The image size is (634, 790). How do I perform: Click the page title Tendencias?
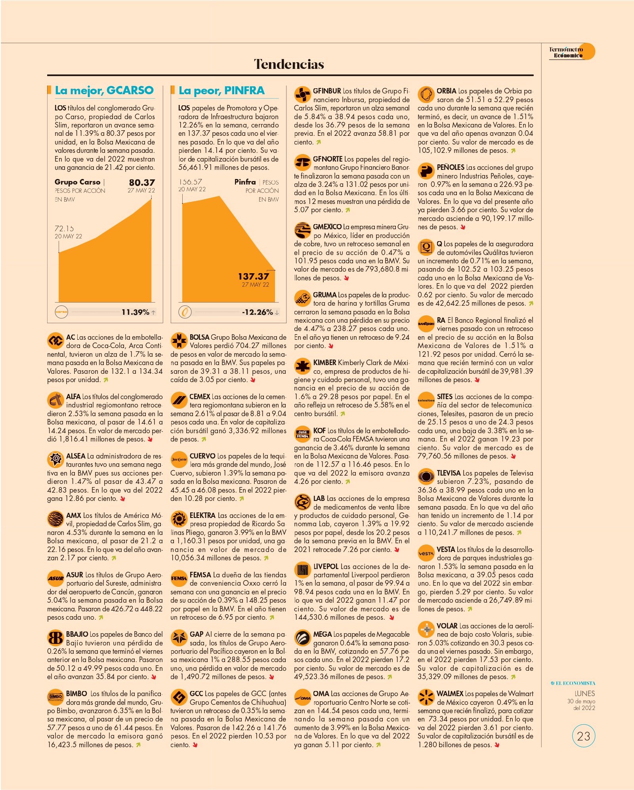pos(289,64)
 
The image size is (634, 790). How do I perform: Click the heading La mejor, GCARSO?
pos(104,91)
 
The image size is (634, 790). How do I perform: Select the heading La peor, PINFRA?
pos(222,91)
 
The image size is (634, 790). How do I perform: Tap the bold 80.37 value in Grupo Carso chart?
pos(142,183)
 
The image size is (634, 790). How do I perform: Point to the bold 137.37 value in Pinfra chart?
pos(254,276)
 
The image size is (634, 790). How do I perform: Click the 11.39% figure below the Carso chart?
pos(136,312)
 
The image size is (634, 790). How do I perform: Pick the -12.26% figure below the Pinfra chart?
pos(258,312)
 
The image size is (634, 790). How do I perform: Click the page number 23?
pos(584,736)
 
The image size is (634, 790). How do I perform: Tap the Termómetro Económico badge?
pos(572,52)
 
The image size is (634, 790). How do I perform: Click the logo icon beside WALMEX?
pos(426,697)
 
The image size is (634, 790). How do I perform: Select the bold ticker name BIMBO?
pos(76,693)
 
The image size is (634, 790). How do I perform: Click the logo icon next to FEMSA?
pos(179,578)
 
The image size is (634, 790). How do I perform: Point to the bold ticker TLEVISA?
pos(449,473)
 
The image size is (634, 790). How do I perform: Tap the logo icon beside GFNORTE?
pos(302,162)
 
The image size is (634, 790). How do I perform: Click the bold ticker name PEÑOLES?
pos(451,167)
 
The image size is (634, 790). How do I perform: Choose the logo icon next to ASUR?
pos(55,578)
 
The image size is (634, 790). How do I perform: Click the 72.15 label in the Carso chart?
pos(64,228)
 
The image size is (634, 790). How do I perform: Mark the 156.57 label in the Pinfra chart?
pos(190,182)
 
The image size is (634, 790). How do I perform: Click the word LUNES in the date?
pos(585,693)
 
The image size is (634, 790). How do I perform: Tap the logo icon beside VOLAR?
pos(426,629)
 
